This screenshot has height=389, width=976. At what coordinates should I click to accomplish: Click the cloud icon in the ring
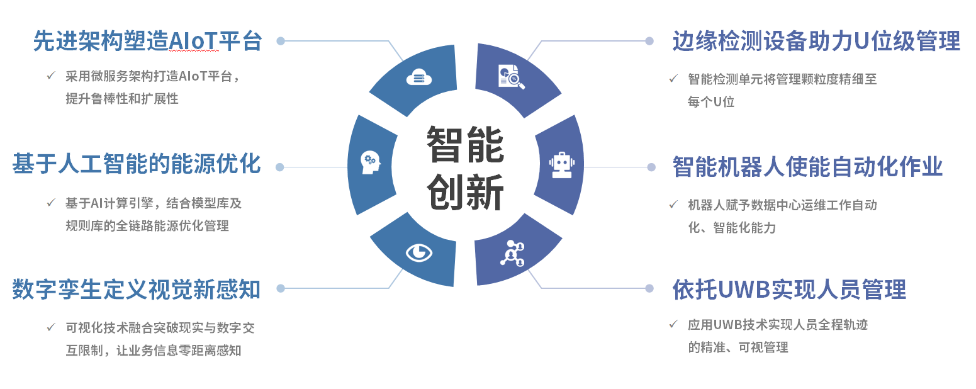pos(419,77)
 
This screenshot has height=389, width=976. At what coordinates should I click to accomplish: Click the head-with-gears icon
pos(369,163)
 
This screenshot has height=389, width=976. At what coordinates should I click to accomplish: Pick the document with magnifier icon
pos(512,76)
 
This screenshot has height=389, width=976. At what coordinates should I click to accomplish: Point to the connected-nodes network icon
pos(512,253)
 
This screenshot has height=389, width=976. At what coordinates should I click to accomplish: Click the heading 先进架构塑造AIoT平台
pos(147,41)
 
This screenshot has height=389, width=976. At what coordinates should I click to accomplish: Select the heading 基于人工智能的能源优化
pos(136,165)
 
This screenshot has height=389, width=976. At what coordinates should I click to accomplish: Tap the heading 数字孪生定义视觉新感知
pos(136,290)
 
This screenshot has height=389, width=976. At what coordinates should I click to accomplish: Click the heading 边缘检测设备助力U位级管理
pos(816,41)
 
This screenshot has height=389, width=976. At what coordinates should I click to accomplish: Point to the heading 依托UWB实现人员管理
pos(789,290)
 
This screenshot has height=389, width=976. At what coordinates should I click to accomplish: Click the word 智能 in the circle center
pos(465,144)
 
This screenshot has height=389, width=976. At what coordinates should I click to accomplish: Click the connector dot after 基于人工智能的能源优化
pos(280,167)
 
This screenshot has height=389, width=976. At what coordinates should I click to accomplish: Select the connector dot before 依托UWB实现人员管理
pos(649,288)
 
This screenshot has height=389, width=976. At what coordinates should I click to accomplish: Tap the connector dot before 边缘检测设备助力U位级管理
pos(649,41)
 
